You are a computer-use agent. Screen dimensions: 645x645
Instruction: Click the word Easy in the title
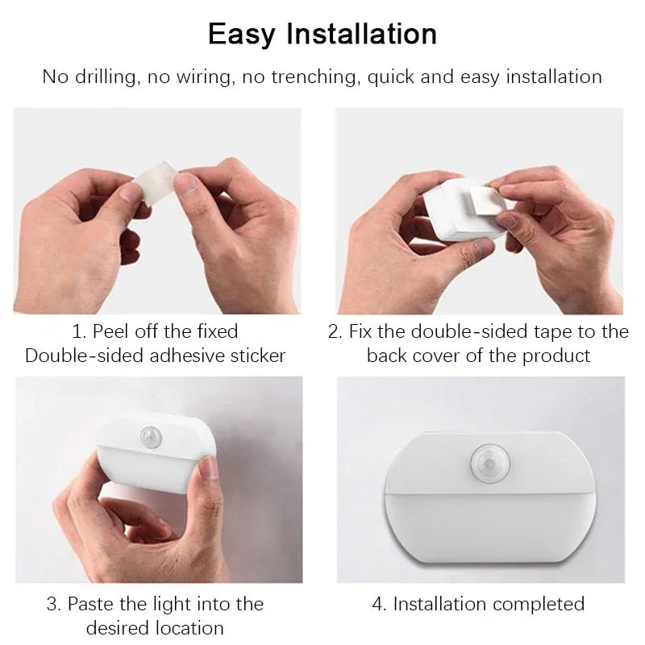[241, 35]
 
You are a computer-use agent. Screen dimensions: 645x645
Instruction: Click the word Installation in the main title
[361, 33]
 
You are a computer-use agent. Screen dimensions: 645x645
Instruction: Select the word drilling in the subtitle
[106, 77]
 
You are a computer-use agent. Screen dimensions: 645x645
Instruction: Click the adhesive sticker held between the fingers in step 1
[156, 182]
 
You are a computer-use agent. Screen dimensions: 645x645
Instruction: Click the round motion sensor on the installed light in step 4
[489, 463]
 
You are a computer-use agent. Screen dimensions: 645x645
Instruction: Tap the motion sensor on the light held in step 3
[151, 437]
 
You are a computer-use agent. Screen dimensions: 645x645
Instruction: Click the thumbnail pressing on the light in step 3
[210, 468]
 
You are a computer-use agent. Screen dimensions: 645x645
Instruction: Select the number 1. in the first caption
[79, 331]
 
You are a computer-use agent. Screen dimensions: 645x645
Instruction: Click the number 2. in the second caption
[335, 331]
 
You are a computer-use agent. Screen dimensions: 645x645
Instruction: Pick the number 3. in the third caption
[54, 604]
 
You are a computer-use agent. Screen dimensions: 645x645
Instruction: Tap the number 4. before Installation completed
[379, 604]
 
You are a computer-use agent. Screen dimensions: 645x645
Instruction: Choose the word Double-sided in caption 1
[84, 356]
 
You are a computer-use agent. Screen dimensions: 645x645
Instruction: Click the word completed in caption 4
[539, 604]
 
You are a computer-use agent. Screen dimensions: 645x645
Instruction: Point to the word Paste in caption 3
[90, 604]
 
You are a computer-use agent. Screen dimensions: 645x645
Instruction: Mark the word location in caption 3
[189, 628]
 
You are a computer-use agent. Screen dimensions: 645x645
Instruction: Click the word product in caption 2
[556, 356]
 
